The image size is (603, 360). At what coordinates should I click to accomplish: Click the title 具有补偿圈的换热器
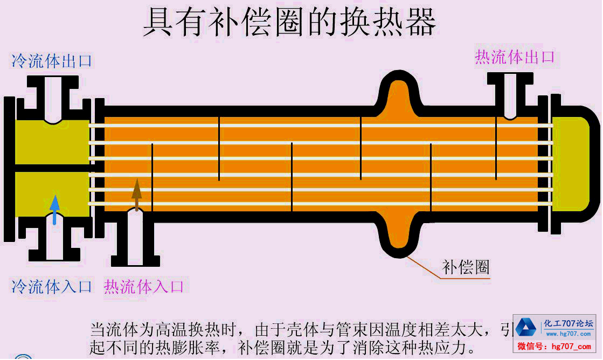tap(289, 22)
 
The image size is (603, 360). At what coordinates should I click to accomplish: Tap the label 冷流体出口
tap(52, 61)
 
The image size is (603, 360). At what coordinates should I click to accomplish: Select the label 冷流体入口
tap(52, 286)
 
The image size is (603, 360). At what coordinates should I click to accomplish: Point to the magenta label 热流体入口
tap(144, 286)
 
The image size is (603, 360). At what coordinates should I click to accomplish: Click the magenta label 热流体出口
tap(514, 57)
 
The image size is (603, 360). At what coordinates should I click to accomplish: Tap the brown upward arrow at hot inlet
tap(137, 195)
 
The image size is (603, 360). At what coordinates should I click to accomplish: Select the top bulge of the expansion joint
tap(399, 94)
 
